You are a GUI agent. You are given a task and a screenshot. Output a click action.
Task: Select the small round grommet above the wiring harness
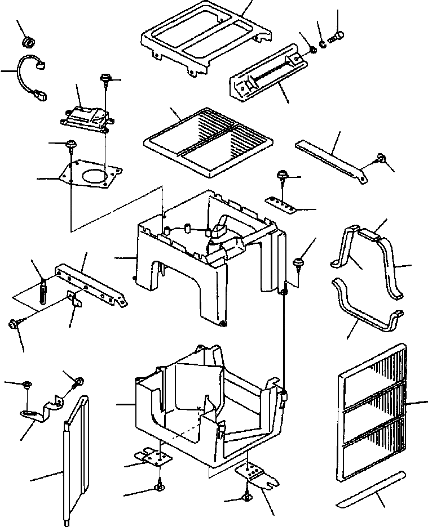click(x=27, y=42)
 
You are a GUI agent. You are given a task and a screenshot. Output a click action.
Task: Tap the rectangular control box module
click(x=83, y=115)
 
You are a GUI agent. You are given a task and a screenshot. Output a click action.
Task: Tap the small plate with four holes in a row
click(x=283, y=204)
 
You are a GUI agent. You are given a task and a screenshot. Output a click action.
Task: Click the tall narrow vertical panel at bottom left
click(x=76, y=459)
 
